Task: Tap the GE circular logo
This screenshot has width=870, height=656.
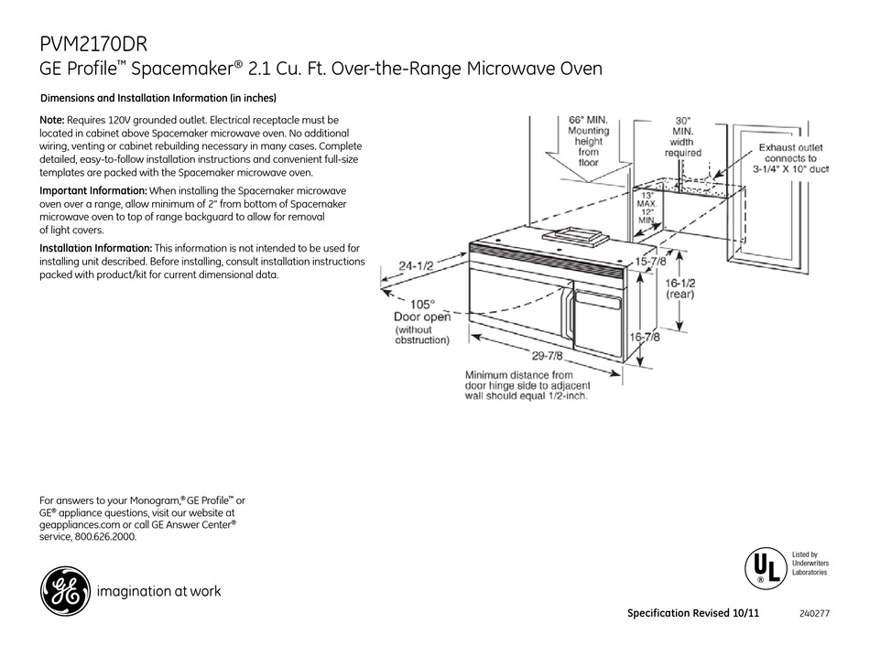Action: (x=63, y=591)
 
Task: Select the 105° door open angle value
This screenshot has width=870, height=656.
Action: (x=421, y=304)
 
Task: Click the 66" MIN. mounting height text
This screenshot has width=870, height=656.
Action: (x=588, y=120)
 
